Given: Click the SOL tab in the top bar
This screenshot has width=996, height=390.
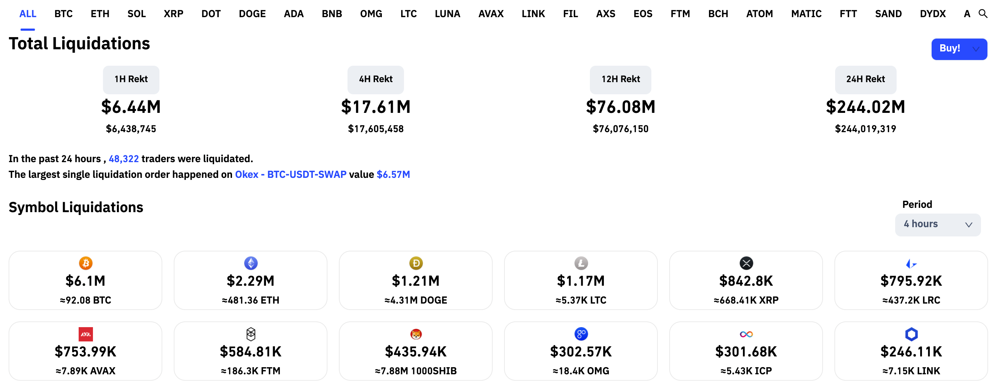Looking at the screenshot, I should tap(137, 14).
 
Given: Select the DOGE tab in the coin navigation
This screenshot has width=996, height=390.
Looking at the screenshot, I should tap(252, 14).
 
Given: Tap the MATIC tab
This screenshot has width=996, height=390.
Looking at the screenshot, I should tap(806, 14).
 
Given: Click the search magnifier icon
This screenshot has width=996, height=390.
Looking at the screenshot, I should tap(982, 14).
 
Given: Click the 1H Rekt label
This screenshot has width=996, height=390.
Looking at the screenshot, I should tap(131, 79).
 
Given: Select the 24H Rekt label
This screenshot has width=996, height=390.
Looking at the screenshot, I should tap(865, 79).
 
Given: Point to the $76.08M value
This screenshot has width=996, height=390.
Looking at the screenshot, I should tap(620, 107).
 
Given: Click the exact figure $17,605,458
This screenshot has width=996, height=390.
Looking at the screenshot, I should tap(375, 129).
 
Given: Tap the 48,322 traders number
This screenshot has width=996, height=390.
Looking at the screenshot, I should tap(123, 159).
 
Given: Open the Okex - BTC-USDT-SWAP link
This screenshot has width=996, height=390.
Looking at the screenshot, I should tap(290, 175).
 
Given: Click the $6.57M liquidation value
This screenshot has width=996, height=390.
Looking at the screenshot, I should tap(393, 175).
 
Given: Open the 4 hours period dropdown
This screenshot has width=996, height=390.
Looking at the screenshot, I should tap(937, 224).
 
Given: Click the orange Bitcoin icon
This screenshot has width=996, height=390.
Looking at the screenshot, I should tap(85, 263).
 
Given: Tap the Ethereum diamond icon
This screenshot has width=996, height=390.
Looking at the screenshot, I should tap(251, 263).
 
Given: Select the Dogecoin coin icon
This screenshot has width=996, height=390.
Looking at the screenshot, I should tap(416, 263).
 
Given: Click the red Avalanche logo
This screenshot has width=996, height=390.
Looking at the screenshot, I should tap(85, 334).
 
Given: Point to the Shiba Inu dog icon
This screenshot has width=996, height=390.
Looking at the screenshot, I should tap(416, 334).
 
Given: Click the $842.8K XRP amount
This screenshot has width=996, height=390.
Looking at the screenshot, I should tap(745, 281).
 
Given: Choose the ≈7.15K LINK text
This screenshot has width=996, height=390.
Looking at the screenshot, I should tap(911, 371).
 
